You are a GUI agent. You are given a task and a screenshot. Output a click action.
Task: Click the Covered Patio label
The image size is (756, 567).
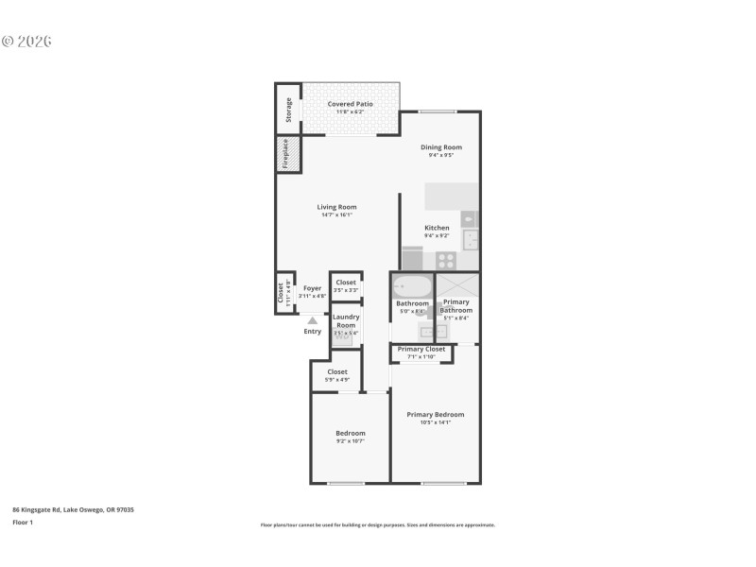(x=350, y=104)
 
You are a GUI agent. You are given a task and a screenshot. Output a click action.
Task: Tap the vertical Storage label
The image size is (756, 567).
(x=288, y=111)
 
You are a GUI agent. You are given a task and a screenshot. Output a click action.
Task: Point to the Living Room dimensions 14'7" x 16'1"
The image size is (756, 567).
(x=336, y=215)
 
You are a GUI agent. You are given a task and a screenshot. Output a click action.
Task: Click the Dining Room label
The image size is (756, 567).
(x=440, y=147)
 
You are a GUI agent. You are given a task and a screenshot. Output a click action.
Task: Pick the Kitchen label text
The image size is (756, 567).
(x=437, y=228)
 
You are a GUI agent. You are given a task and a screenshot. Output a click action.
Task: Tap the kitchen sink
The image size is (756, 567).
(x=470, y=239)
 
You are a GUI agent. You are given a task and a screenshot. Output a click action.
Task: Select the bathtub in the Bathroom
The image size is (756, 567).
(x=412, y=286)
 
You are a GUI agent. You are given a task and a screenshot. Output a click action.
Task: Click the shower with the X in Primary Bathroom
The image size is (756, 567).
(x=456, y=286)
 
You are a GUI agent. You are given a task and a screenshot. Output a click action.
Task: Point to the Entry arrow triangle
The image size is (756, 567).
(x=312, y=321)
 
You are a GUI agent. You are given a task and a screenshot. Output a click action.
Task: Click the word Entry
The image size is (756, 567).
(x=312, y=332)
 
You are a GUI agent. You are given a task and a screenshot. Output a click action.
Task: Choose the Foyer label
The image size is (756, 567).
(x=312, y=288)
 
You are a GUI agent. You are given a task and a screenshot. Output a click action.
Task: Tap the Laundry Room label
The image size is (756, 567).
(x=345, y=321)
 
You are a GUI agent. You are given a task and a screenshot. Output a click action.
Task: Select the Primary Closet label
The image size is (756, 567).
(x=421, y=349)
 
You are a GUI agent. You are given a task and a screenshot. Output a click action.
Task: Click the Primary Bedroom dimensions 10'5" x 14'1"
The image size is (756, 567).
(x=436, y=422)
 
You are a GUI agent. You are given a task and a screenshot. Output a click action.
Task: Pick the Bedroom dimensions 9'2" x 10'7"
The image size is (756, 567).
(x=350, y=441)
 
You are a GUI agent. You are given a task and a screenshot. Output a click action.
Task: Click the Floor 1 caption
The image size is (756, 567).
(x=23, y=522)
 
